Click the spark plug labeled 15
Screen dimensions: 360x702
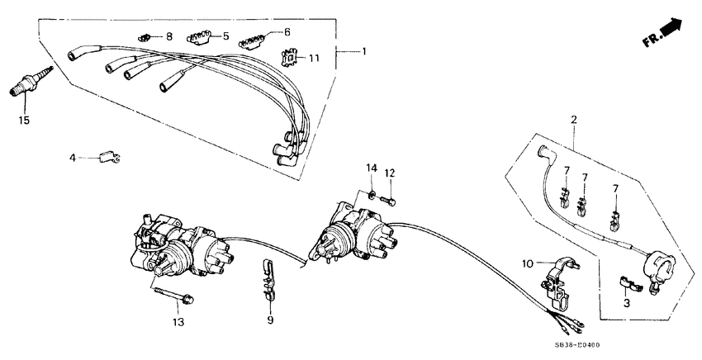pyautogui.click(x=30, y=83)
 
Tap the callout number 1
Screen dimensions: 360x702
pyautogui.click(x=363, y=51)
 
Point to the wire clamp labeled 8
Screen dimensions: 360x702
pyautogui.click(x=144, y=36)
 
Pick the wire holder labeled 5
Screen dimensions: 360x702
pyautogui.click(x=198, y=37)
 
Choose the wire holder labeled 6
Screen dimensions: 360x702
pyautogui.click(x=253, y=40)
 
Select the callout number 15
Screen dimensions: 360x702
pyautogui.click(x=25, y=121)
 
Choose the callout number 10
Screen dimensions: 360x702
pyautogui.click(x=528, y=263)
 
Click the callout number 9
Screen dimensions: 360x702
pyautogui.click(x=268, y=320)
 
